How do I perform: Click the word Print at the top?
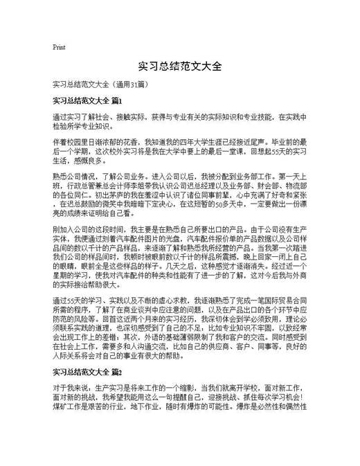click(x=59, y=47)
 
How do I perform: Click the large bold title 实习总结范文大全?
click(x=180, y=66)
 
